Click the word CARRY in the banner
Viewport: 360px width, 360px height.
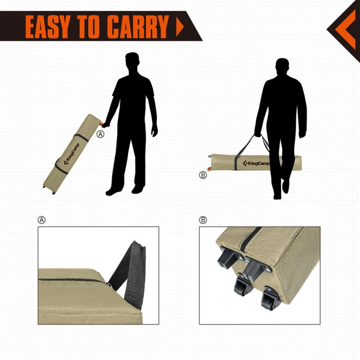(x=138, y=27)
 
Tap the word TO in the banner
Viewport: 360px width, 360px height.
(x=89, y=27)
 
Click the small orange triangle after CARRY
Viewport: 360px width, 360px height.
(x=180, y=26)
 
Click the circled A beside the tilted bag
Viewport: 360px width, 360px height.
(x=100, y=134)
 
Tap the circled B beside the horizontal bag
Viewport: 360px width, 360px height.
(x=203, y=175)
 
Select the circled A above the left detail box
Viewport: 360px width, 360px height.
(x=42, y=220)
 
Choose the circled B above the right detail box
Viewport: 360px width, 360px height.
(x=203, y=220)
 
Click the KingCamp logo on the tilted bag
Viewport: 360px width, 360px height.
(x=71, y=154)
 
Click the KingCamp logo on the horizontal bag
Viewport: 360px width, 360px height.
(x=256, y=163)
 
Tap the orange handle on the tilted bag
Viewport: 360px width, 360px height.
(x=101, y=124)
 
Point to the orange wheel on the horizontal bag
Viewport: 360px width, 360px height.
(x=209, y=169)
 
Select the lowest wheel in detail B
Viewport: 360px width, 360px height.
(x=269, y=299)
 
